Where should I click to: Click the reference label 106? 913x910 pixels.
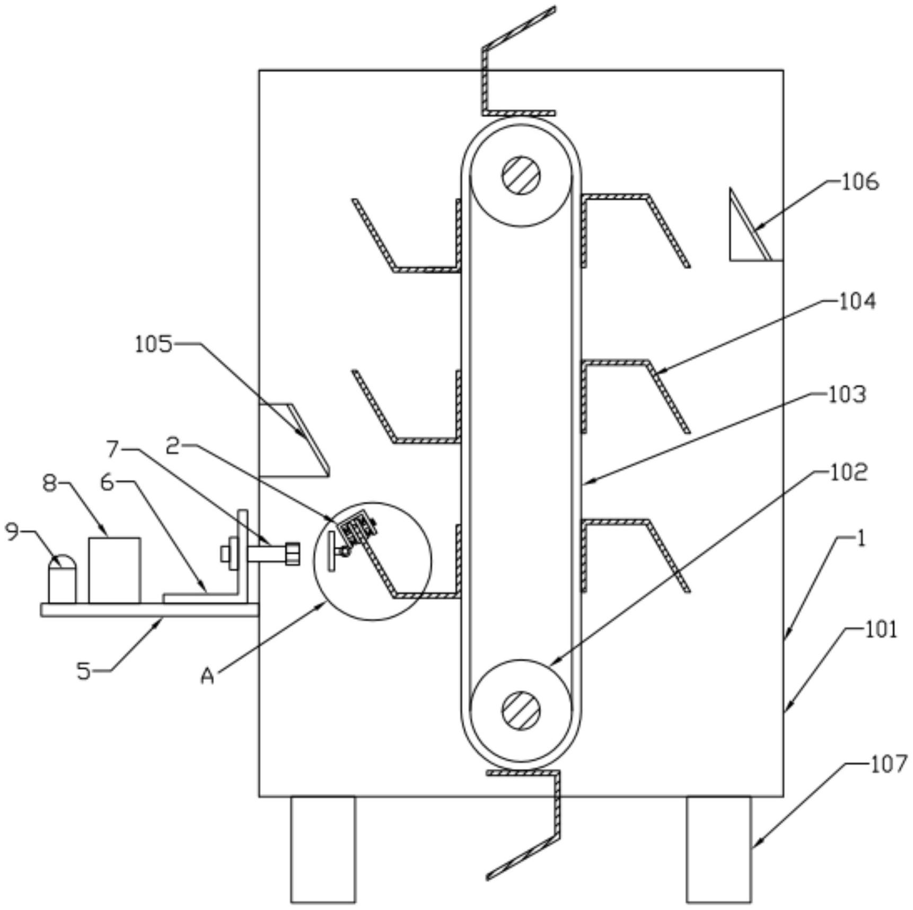[x=860, y=182]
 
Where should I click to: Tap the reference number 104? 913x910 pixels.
[x=857, y=302]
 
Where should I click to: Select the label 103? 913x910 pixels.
[x=847, y=395]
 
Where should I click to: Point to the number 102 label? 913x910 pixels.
[x=848, y=472]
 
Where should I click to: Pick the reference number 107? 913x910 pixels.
[x=889, y=764]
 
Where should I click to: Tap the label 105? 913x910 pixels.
[x=153, y=345]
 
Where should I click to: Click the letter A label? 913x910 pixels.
[x=207, y=676]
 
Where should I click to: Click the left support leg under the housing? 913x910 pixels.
[x=322, y=848]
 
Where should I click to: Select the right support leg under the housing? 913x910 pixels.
[x=718, y=848]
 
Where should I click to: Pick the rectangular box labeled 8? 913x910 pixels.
[x=115, y=570]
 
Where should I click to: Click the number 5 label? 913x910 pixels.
[x=83, y=671]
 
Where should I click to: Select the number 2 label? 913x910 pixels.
[x=173, y=447]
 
